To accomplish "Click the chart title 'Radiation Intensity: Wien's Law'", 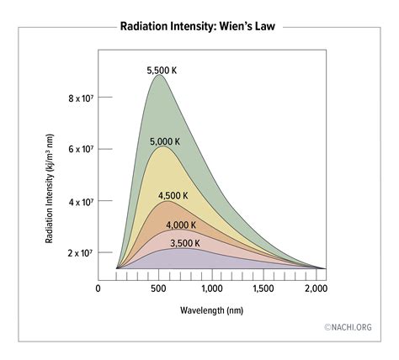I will pyautogui.click(x=199, y=25).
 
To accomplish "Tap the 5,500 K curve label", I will pyautogui.click(x=162, y=71).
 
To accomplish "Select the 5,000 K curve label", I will pyautogui.click(x=164, y=141).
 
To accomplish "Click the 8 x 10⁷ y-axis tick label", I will pyautogui.click(x=79, y=98).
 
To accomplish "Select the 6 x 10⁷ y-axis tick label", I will pyautogui.click(x=79, y=149).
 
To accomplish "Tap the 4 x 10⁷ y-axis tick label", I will pyautogui.click(x=79, y=202).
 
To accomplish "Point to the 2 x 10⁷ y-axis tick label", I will pyautogui.click(x=79, y=252).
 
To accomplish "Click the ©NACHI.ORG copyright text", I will pyautogui.click(x=347, y=327).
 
